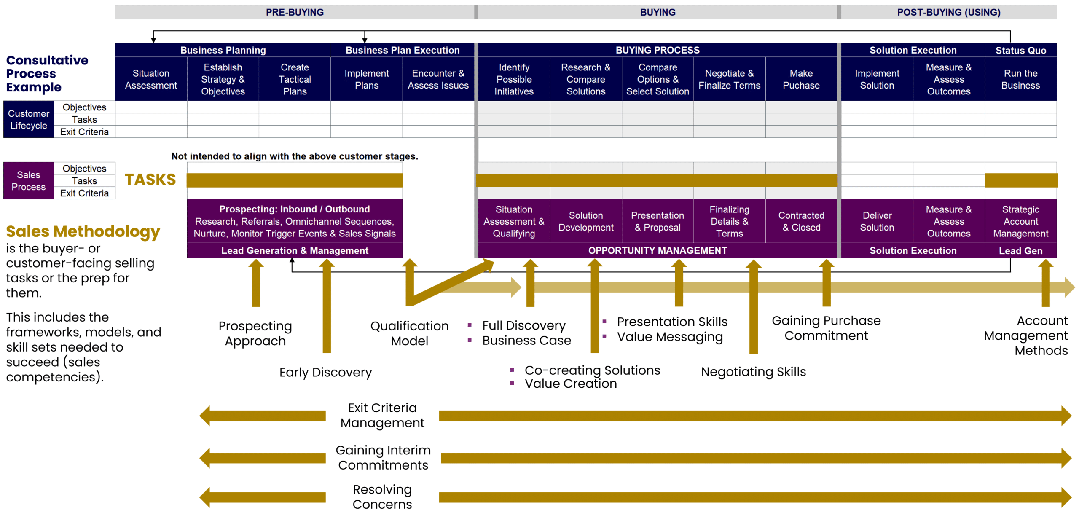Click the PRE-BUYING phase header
point(295,12)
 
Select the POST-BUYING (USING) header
point(948,12)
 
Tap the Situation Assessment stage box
point(151,79)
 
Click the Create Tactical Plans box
point(295,79)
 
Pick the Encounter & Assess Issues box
point(438,79)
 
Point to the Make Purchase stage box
point(801,79)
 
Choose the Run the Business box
point(1020,79)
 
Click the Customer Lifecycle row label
point(29,119)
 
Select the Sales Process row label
point(29,180)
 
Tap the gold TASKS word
point(150,180)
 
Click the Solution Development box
point(586,221)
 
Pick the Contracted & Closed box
point(801,221)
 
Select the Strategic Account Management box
point(1020,221)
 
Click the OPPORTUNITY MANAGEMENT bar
point(658,251)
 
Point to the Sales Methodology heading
point(83,231)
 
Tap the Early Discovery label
point(325,372)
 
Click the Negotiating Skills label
point(753,372)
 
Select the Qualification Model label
point(409,333)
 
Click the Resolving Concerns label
point(382,497)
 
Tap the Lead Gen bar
point(1020,251)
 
